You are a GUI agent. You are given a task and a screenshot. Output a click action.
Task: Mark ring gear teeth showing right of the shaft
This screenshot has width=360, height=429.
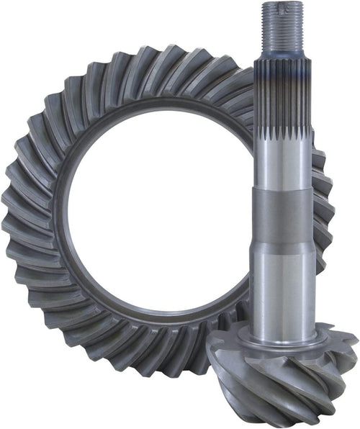click(x=324, y=216)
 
